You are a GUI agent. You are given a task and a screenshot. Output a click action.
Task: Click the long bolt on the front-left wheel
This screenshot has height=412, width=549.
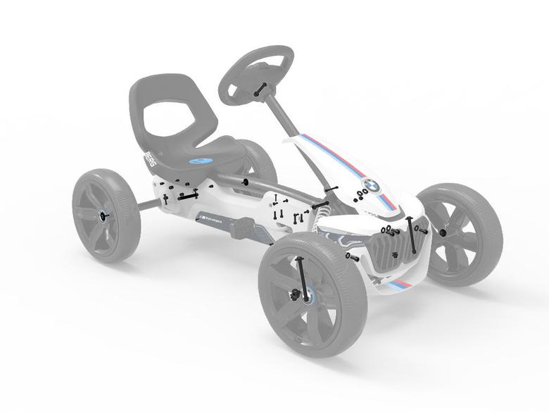302,278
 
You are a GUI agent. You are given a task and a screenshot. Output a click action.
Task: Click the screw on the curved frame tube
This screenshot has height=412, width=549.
245,182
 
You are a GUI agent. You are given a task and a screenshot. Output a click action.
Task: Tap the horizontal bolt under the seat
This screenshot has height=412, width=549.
188,198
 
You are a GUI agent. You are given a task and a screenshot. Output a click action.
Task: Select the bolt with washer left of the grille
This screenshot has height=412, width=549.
352,256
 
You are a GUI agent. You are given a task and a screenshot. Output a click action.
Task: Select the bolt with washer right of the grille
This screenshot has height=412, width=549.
421,229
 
